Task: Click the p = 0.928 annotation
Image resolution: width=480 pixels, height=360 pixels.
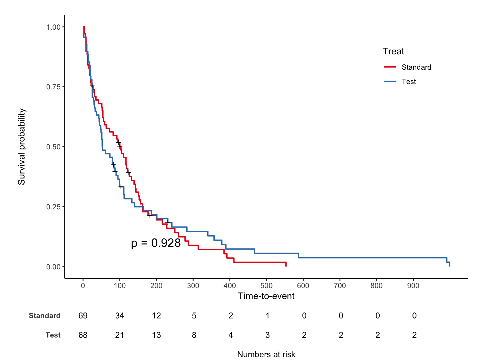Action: click(156, 243)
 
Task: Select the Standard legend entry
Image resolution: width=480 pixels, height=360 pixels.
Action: click(416, 67)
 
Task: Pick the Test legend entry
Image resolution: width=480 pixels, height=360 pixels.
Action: click(408, 82)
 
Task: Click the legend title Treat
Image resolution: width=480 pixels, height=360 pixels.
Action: click(393, 51)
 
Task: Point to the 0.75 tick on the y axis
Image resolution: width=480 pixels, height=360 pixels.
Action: click(53, 87)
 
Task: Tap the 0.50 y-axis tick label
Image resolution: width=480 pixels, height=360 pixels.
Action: click(53, 147)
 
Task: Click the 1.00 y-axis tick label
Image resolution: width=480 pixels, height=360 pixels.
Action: click(53, 27)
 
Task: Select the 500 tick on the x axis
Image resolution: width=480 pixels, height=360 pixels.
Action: click(266, 285)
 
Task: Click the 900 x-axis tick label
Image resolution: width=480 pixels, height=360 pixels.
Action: click(413, 285)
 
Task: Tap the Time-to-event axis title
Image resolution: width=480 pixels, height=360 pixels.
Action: click(266, 296)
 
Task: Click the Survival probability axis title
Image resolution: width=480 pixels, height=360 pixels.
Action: click(21, 147)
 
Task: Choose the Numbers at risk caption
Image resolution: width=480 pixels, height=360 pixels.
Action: click(266, 354)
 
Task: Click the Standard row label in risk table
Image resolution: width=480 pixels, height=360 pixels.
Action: click(45, 316)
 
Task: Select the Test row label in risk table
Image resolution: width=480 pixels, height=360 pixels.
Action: click(53, 335)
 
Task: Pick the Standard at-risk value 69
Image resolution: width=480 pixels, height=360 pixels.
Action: click(83, 316)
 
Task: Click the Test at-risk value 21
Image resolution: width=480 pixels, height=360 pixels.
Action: click(120, 335)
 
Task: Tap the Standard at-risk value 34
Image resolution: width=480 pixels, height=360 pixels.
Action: click(120, 316)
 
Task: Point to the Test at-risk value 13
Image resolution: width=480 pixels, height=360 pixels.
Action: click(156, 335)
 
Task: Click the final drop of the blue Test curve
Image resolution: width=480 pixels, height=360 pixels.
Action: click(449, 264)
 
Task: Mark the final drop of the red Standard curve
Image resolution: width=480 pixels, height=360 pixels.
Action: click(286, 264)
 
